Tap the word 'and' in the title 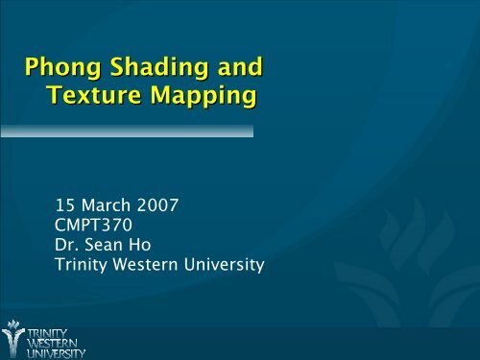coord(235,69)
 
